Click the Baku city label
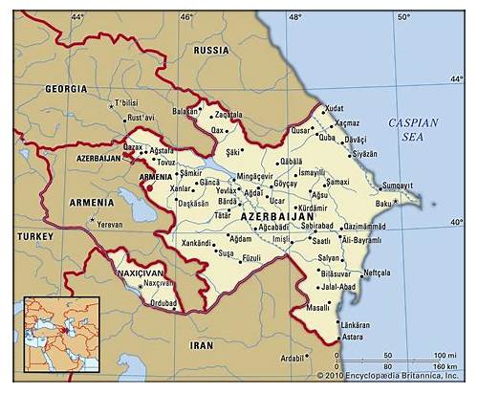tap(384, 204)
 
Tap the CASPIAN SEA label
tap(413, 130)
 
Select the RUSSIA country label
tap(210, 49)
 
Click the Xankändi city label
tap(196, 244)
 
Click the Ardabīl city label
tap(291, 359)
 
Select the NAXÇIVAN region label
tap(143, 272)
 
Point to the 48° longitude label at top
tap(295, 16)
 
